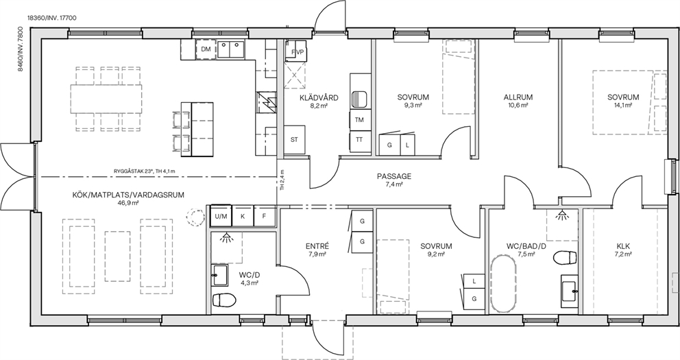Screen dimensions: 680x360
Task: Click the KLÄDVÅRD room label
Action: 319,97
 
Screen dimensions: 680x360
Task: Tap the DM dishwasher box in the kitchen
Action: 206,49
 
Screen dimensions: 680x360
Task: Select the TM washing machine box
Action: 359,120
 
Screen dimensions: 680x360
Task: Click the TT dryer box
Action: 359,140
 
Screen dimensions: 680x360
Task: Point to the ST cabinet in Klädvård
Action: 295,140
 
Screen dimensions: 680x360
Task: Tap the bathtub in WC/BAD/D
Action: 503,284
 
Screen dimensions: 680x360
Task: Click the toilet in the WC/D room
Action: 224,300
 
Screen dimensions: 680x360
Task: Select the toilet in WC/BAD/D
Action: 566,257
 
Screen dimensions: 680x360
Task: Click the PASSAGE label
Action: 393,176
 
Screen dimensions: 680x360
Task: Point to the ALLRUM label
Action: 518,97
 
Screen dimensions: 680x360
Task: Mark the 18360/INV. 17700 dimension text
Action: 52,19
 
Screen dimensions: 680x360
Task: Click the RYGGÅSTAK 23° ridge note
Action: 145,171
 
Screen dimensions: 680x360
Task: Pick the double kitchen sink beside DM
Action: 230,49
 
